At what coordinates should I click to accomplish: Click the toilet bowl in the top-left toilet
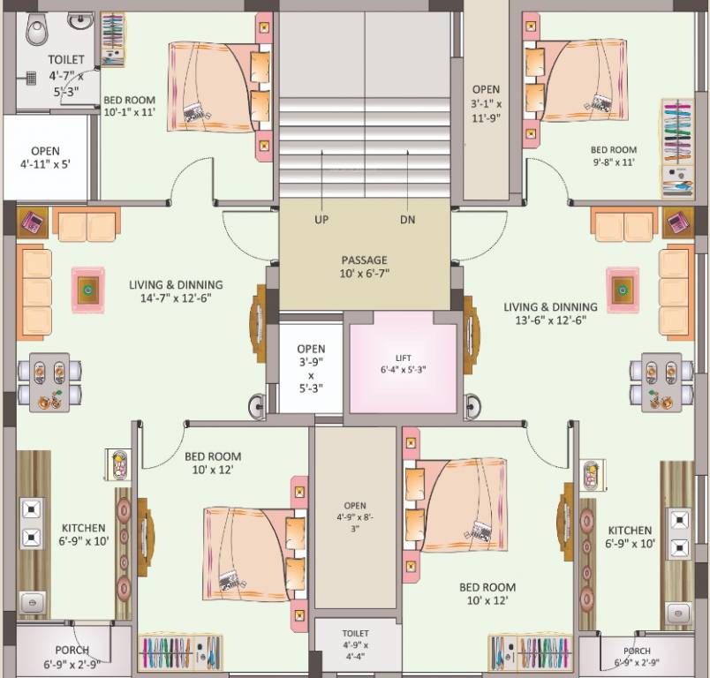coord(38,32)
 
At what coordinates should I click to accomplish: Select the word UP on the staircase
coord(321,220)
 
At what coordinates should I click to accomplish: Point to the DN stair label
coord(407,220)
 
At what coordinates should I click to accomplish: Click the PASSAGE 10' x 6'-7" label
coord(364,267)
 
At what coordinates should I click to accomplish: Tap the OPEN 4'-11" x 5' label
coord(45,157)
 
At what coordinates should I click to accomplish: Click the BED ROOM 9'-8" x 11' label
coord(613,156)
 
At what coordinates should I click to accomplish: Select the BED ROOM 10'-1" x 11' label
coord(129,106)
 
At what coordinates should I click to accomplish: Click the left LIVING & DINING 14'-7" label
coord(176,291)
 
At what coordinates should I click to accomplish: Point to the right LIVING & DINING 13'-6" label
coord(550,313)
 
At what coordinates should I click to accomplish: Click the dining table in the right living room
coord(662,381)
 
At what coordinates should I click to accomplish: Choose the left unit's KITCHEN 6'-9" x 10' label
coord(85,534)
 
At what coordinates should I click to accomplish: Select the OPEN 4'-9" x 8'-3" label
coord(356,516)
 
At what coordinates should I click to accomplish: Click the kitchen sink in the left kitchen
coord(30,600)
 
